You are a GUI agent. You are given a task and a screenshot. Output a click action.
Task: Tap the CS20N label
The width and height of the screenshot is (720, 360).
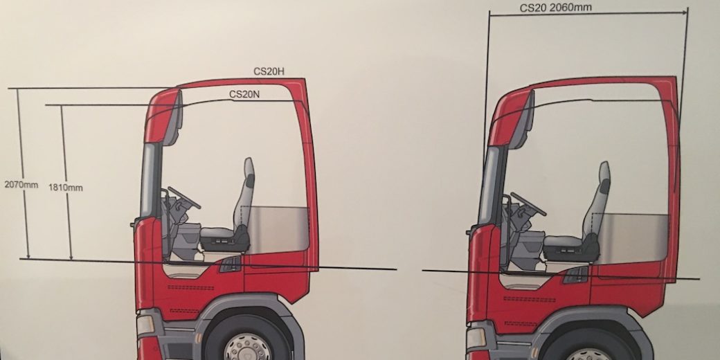tap(244, 95)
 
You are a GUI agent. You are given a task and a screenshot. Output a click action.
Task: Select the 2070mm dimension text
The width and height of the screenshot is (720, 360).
tap(21, 185)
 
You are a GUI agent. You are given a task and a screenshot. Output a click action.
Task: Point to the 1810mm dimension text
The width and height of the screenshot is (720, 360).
tap(66, 188)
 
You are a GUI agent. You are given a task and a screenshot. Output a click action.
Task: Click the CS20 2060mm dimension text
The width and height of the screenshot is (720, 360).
tap(556, 8)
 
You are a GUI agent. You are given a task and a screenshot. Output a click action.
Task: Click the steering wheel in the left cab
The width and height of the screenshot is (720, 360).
tap(184, 198)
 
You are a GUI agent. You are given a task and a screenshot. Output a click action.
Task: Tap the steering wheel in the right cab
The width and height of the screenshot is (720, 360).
tap(528, 204)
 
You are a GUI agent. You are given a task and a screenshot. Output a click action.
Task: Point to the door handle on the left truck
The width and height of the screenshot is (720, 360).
tap(231, 264)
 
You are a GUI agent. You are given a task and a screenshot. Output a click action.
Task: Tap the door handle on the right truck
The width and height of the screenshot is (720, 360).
tap(576, 275)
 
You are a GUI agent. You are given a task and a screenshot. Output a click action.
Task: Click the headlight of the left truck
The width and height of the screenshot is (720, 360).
tap(145, 325)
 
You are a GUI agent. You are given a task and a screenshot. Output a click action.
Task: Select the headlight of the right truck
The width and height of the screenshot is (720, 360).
tap(476, 339)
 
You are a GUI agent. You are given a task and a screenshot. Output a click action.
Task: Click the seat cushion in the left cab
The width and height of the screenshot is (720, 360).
tap(217, 233)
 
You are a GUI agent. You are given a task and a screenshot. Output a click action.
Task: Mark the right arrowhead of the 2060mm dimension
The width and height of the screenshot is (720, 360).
tap(685, 12)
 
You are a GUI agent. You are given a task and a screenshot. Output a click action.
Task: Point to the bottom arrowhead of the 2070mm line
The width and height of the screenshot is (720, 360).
tap(28, 255)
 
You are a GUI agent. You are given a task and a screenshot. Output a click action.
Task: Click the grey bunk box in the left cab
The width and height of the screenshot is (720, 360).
tap(275, 229)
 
